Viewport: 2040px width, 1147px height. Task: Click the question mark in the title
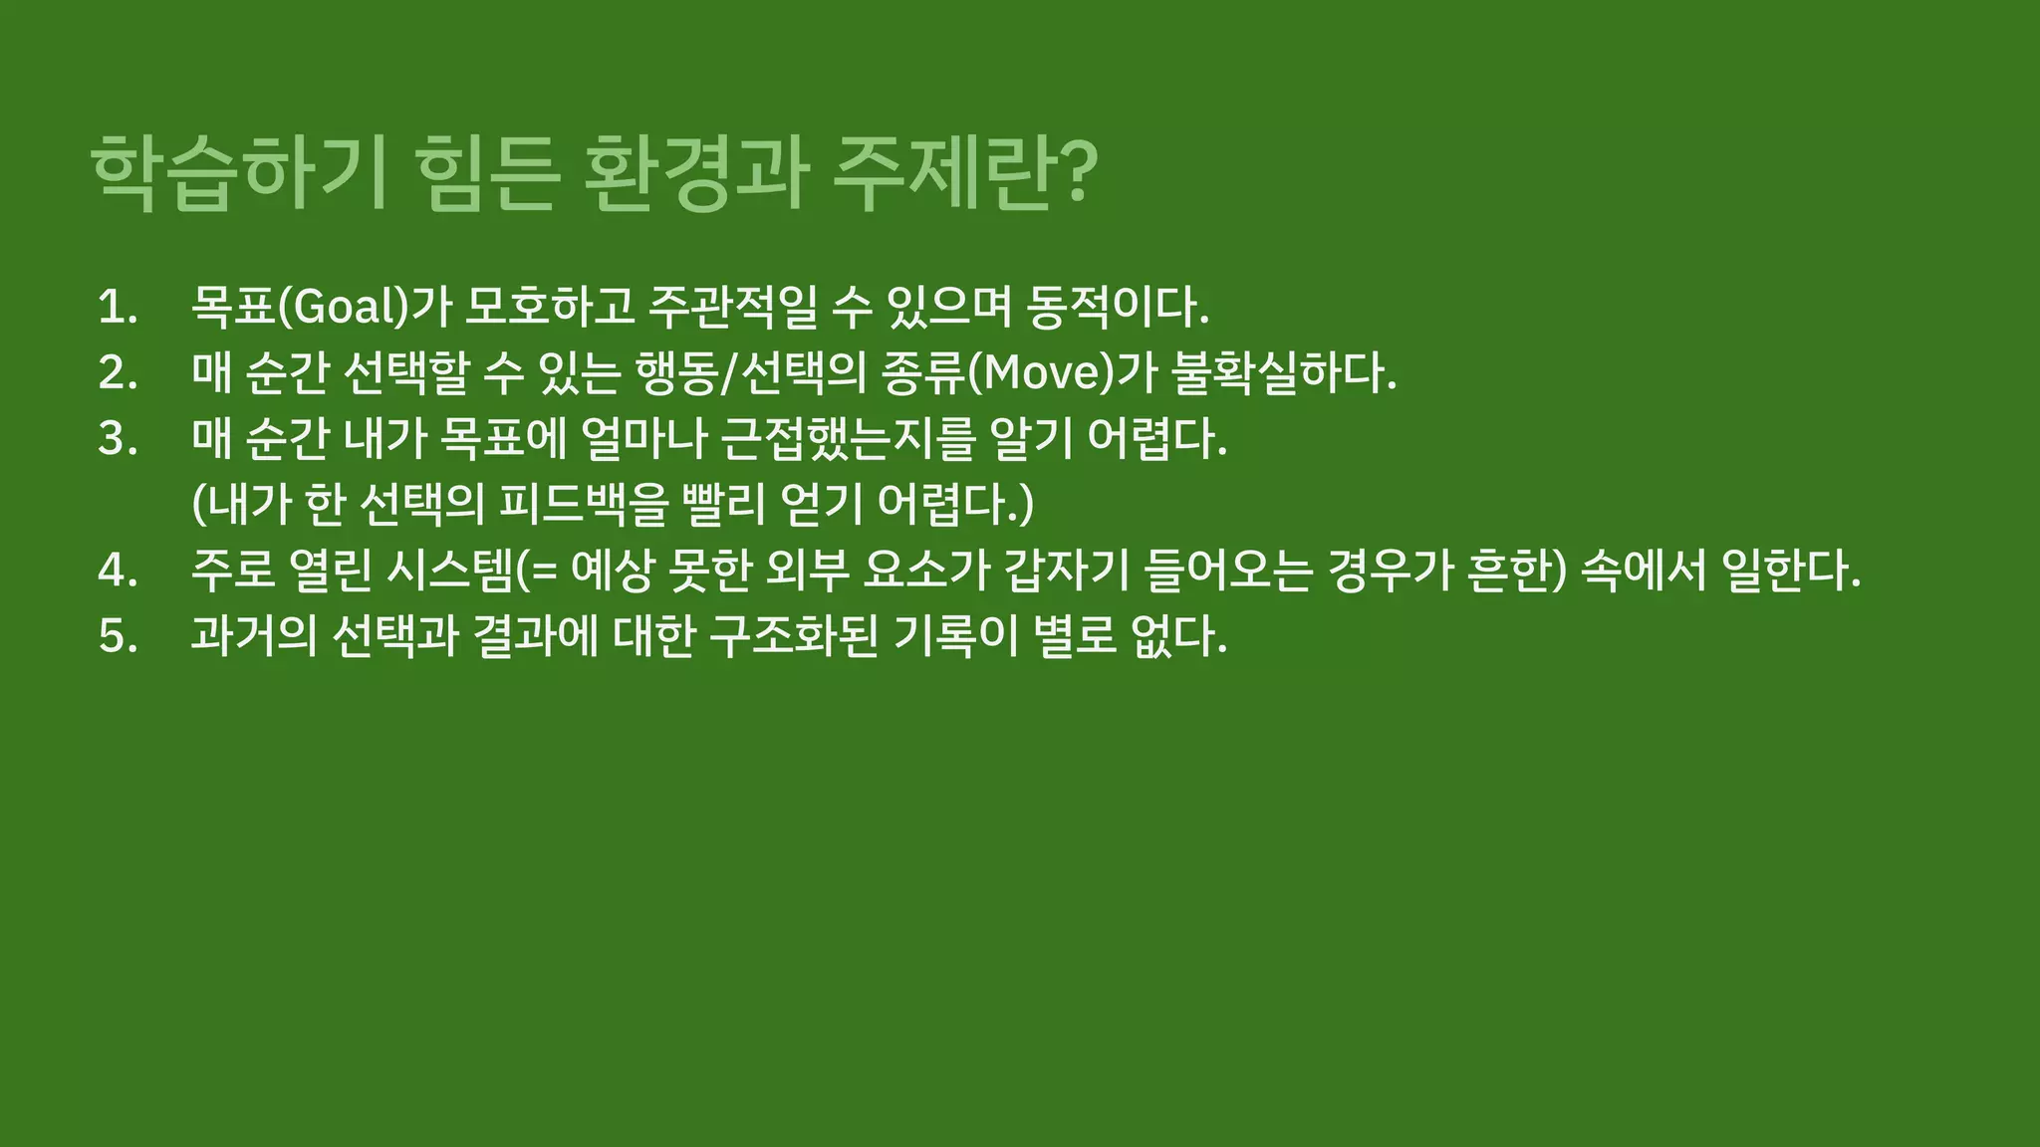1074,171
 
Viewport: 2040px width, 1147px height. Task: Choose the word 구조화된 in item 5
794,636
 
